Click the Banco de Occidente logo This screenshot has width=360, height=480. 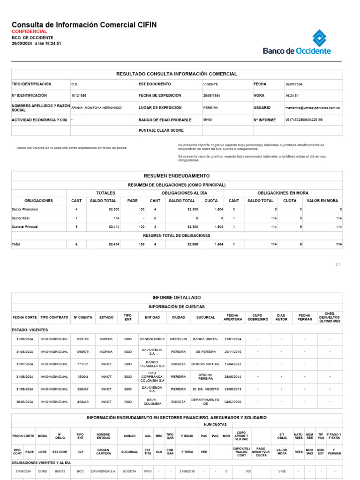pos(297,43)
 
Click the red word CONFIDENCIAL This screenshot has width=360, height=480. pos(29,31)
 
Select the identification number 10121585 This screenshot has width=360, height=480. pos(79,96)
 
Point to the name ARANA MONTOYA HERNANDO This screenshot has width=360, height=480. pos(96,108)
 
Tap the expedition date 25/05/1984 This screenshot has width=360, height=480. pos(212,96)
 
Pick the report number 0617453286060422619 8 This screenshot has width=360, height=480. pos(304,120)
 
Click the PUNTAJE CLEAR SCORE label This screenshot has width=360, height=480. pos(161,130)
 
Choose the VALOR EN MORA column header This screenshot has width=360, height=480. pos(322,201)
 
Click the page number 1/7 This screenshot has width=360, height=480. pos(338,265)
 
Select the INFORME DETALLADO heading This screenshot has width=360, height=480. pos(177,298)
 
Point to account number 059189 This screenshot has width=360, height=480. pos(83,339)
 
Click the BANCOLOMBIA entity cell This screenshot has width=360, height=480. pos(152,339)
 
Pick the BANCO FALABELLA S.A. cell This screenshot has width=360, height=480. pos(152,364)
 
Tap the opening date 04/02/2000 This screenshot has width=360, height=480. pos(232,402)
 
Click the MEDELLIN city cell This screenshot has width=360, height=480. pos(179,339)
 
